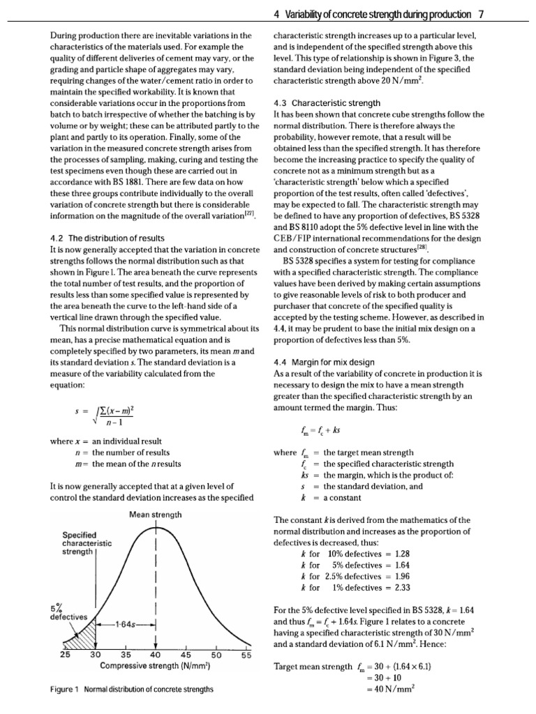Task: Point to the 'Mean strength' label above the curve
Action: (155, 515)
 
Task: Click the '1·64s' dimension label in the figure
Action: (124, 623)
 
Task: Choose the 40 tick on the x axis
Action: (155, 655)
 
